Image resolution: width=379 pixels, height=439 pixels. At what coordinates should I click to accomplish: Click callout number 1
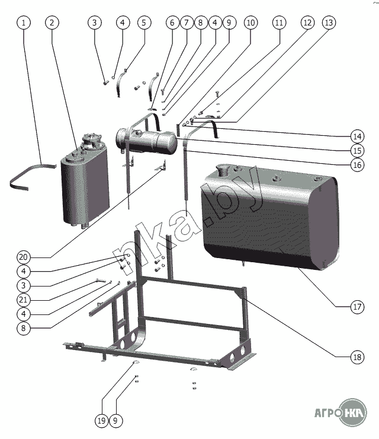(24, 23)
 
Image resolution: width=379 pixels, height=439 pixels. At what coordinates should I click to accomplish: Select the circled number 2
(52, 23)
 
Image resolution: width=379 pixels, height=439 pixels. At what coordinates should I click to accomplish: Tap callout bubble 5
(144, 23)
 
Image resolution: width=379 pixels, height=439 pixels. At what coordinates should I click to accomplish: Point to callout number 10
(250, 23)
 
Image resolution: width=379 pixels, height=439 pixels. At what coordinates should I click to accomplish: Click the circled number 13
(328, 23)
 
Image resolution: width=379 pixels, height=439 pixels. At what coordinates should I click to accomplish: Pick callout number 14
(356, 133)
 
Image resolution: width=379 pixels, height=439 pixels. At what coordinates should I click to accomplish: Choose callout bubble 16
(356, 164)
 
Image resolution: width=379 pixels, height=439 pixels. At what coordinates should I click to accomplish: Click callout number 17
(356, 307)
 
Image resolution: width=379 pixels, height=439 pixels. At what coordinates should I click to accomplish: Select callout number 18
(356, 357)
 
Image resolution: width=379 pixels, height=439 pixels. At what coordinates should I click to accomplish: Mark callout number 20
(24, 257)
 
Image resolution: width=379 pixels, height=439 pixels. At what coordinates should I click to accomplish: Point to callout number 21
(24, 298)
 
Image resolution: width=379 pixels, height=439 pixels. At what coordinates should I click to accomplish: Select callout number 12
(307, 23)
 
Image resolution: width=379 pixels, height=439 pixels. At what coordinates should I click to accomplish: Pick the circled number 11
(279, 23)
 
